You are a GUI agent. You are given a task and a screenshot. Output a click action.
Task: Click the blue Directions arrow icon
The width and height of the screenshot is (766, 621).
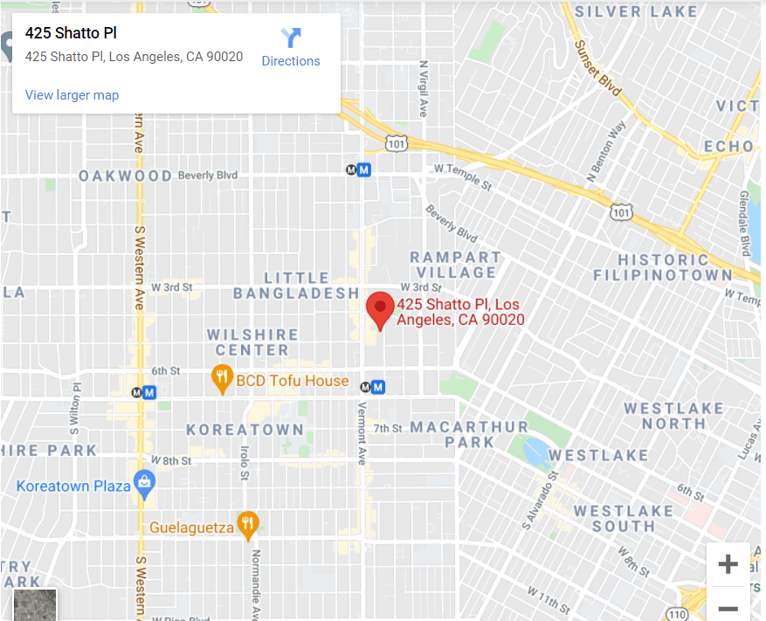pyautogui.click(x=291, y=38)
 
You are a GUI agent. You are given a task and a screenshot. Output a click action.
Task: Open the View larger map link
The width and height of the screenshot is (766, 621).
pyautogui.click(x=72, y=95)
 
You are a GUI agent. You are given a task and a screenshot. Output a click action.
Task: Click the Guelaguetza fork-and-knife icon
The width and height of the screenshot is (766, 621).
pyautogui.click(x=249, y=525)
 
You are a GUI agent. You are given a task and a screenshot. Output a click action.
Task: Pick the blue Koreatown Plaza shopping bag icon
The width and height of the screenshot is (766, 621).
pyautogui.click(x=144, y=483)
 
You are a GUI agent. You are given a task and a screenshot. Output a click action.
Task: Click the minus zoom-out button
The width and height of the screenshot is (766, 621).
pyautogui.click(x=728, y=608)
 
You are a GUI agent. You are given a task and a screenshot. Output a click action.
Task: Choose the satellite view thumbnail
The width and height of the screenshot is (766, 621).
pyautogui.click(x=35, y=604)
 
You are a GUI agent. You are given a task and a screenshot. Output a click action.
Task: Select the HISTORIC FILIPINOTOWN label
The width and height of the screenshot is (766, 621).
pyautogui.click(x=662, y=267)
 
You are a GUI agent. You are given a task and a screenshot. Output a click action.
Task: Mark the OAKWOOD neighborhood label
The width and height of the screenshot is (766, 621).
pyautogui.click(x=125, y=176)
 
